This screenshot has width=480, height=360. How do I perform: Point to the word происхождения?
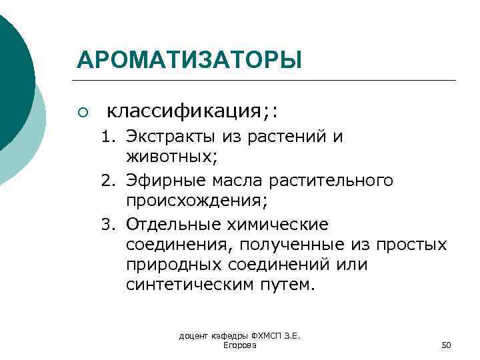[189, 202]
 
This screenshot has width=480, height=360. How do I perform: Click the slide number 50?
[447, 345]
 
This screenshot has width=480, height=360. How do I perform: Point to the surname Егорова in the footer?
[239, 345]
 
